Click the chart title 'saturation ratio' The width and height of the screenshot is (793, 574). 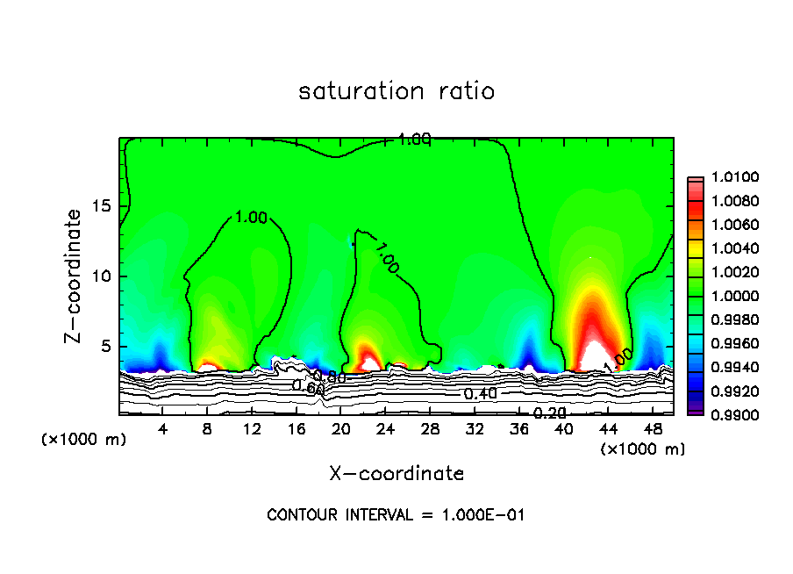(396, 91)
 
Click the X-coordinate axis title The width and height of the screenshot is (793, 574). (396, 473)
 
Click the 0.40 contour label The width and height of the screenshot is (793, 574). (480, 394)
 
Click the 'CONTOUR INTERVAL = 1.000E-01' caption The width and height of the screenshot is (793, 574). (396, 515)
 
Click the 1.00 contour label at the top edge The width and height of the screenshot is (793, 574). (414, 139)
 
